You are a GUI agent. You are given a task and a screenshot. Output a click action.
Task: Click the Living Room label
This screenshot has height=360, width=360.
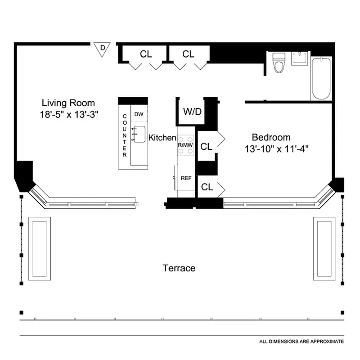point(68,103)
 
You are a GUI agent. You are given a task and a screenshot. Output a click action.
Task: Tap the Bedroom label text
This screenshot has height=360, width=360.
point(271,137)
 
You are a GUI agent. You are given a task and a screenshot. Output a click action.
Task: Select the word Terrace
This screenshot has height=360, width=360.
point(179,268)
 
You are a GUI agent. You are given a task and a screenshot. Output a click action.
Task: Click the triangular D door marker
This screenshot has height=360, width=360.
point(103,48)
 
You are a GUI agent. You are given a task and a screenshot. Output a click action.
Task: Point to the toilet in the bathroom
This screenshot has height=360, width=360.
point(279,63)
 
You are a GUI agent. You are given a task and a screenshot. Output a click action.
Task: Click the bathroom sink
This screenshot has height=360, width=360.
point(299,58)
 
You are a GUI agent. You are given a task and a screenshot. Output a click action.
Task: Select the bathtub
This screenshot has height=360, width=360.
point(321,78)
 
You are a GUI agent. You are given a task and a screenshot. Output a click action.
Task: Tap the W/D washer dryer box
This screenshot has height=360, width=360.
point(192,112)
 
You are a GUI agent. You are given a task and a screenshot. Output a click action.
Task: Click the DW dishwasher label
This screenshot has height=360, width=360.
point(139,114)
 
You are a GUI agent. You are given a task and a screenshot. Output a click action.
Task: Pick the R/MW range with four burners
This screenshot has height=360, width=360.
point(185,145)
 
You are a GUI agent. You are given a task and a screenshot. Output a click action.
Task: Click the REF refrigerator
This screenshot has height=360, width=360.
point(186,178)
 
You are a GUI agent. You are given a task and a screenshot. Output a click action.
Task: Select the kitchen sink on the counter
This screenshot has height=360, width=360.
point(138,134)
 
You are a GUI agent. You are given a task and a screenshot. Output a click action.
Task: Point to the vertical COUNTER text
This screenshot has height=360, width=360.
point(125,135)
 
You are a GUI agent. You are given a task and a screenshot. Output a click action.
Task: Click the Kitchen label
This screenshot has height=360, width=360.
point(162,138)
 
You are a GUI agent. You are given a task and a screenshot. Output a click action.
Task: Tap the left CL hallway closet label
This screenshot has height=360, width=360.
point(146,54)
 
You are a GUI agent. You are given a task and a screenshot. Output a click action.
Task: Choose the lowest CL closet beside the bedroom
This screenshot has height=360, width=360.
point(207,188)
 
